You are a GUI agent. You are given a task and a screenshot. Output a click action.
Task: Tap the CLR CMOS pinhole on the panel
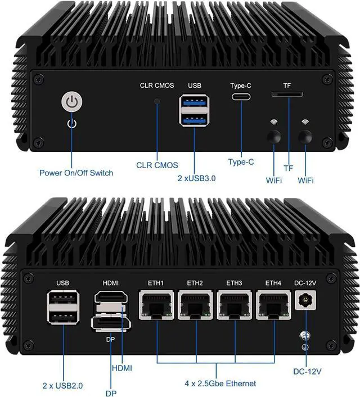(157, 102)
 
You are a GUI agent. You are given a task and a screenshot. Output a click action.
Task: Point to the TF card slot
(287, 94)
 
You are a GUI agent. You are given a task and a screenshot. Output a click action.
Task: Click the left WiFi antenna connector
(274, 136)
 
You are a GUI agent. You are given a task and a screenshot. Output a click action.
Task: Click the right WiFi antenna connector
(305, 136)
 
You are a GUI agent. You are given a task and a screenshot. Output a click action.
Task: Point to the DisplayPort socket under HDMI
(111, 324)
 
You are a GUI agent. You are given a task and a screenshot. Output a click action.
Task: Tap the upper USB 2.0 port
(62, 300)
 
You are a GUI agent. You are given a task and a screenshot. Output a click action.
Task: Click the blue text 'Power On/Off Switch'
(76, 173)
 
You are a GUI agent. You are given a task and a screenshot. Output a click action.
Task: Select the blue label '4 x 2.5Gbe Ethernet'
(219, 383)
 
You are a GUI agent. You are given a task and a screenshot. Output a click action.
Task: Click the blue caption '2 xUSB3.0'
(195, 178)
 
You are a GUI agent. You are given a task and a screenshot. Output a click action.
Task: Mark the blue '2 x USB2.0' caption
(62, 385)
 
